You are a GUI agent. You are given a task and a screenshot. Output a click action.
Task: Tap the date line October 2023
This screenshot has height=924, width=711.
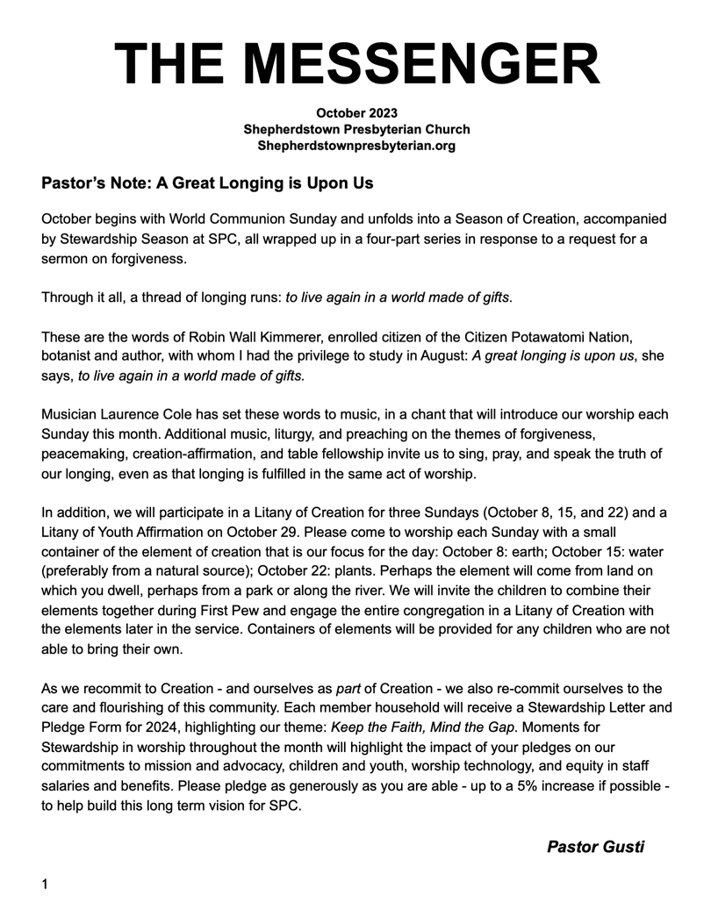point(356,112)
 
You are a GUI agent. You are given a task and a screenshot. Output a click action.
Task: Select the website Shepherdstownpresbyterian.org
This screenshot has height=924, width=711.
point(356,146)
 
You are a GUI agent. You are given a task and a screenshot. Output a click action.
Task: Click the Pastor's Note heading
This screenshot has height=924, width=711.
point(207,183)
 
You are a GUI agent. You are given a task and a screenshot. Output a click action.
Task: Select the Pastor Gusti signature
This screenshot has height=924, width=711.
point(595,847)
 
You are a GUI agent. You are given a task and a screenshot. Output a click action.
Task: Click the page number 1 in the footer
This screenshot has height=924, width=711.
point(46,885)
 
